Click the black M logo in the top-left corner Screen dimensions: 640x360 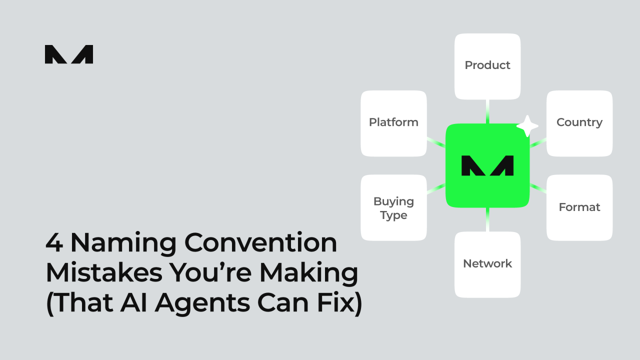click(x=69, y=54)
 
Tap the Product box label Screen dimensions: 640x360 click(x=487, y=65)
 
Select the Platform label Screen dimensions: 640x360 click(x=393, y=122)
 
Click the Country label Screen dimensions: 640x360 click(x=579, y=123)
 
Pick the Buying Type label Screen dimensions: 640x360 click(x=393, y=208)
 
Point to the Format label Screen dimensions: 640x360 click(x=579, y=207)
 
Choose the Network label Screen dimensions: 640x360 click(x=487, y=263)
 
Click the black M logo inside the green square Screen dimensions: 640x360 click(x=487, y=165)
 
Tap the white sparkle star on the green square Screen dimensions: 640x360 click(x=527, y=126)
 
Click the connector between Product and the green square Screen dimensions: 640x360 click(x=487, y=111)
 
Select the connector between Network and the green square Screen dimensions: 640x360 click(x=487, y=219)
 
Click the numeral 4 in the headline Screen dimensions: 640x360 click(x=54, y=242)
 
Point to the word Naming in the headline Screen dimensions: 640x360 click(x=123, y=243)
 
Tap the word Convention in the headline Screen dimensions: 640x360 click(x=261, y=242)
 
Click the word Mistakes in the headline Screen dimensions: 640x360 click(x=104, y=272)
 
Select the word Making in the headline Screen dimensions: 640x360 click(x=308, y=273)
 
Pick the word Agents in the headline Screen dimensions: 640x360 click(x=202, y=303)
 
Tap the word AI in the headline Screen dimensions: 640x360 click(x=133, y=302)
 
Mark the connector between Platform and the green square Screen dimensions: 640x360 click(x=436, y=142)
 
